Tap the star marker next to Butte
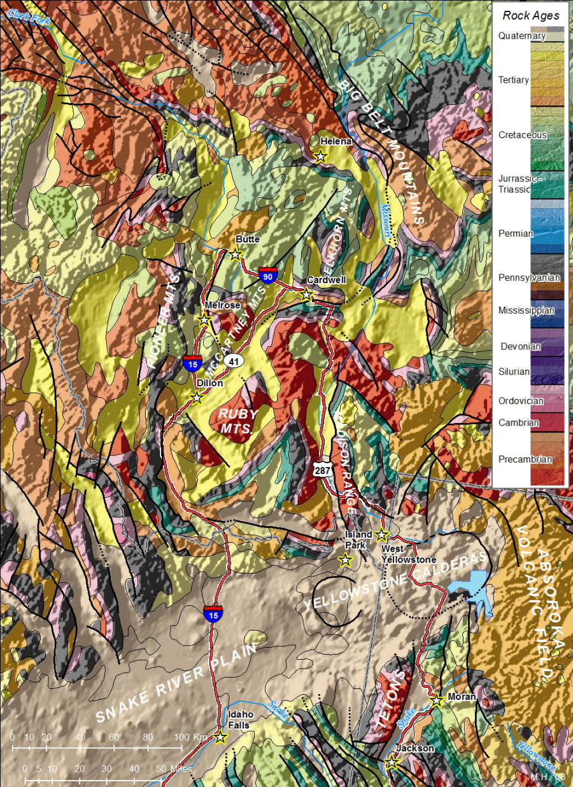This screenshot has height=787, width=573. click(236, 254)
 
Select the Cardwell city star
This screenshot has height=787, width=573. click(307, 295)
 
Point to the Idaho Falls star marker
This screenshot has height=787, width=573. click(220, 737)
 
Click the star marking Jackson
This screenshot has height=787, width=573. click(392, 762)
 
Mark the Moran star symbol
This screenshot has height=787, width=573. click(437, 700)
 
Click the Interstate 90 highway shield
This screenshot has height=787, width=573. click(267, 275)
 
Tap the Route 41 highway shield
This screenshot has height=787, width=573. click(234, 361)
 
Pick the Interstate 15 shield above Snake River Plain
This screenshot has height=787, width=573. click(213, 613)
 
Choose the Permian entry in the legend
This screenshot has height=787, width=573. click(516, 233)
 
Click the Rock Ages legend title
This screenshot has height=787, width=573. click(530, 15)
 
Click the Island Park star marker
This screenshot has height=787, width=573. click(345, 561)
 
